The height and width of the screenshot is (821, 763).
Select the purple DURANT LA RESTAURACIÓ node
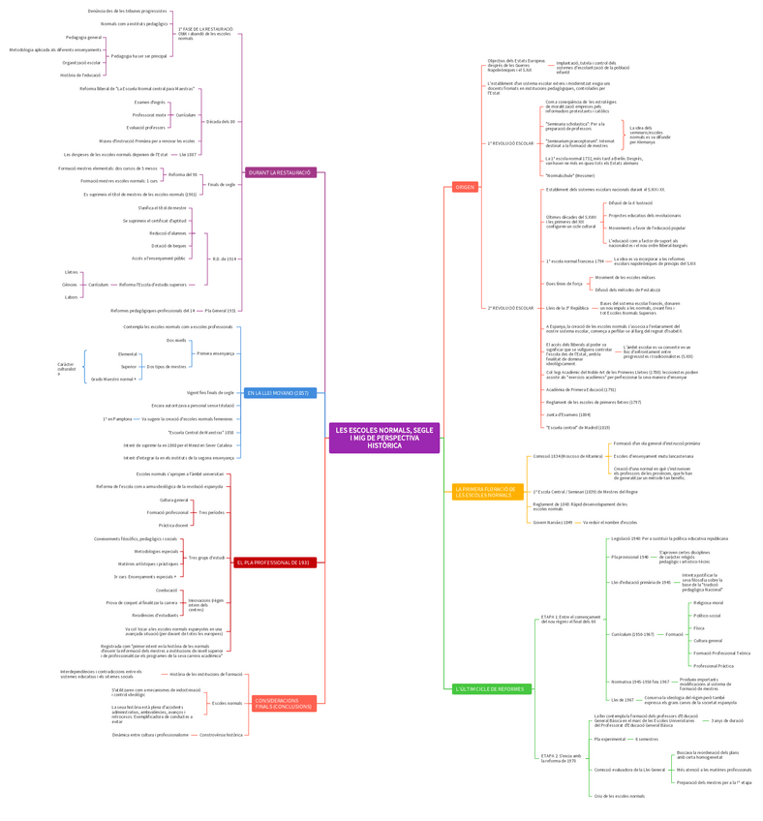point(280,172)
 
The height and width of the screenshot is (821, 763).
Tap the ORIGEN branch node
point(465,187)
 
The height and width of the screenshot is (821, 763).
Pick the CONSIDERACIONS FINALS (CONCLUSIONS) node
point(284,703)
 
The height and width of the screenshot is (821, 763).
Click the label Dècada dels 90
point(221,121)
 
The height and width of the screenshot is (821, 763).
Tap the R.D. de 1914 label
point(225,258)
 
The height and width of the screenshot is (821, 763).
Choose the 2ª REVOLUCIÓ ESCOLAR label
point(510,308)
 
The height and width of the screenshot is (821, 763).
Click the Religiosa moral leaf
point(709,602)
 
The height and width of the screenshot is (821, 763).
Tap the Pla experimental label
point(610,739)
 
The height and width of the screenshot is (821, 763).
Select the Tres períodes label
point(211,512)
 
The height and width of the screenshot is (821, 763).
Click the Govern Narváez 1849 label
point(553,522)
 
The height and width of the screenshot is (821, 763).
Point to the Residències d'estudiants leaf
point(156,615)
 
